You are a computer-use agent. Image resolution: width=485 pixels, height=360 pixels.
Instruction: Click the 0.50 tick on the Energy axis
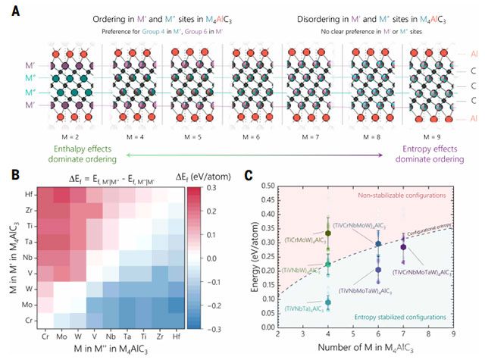(268, 185)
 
